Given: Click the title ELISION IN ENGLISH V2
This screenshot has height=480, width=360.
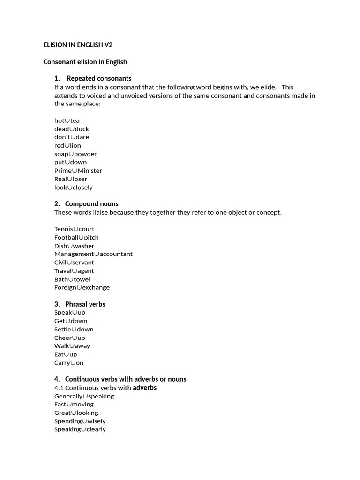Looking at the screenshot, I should point(78,45).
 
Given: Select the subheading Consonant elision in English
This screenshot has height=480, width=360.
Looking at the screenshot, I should point(85,62).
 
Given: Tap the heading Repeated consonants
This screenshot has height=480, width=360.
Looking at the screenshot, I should point(99,78).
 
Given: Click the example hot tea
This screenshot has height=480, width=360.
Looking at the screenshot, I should point(67,120).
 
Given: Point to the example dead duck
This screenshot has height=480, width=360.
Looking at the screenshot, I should point(71,129).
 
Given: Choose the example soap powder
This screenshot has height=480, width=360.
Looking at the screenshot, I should point(75,154).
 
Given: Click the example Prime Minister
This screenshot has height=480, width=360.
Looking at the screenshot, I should point(78,171).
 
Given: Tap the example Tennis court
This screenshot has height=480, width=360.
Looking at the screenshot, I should point(74,229).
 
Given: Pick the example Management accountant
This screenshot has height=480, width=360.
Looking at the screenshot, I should point(93,254).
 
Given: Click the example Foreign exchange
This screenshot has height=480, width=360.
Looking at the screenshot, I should point(82,287).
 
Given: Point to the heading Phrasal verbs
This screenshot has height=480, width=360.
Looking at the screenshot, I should point(85,304).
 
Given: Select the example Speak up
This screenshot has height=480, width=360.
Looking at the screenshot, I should point(70,312).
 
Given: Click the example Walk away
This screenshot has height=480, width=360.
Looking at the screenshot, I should point(72,346).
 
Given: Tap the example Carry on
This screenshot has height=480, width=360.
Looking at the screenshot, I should point(69,363).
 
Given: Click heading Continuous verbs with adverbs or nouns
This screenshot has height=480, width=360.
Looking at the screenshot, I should point(125,379).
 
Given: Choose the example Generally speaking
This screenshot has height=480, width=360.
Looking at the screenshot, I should point(84,396).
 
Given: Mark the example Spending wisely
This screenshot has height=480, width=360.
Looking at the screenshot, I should point(80,421).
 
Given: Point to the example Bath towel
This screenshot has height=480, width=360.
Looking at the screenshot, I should point(72,279).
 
